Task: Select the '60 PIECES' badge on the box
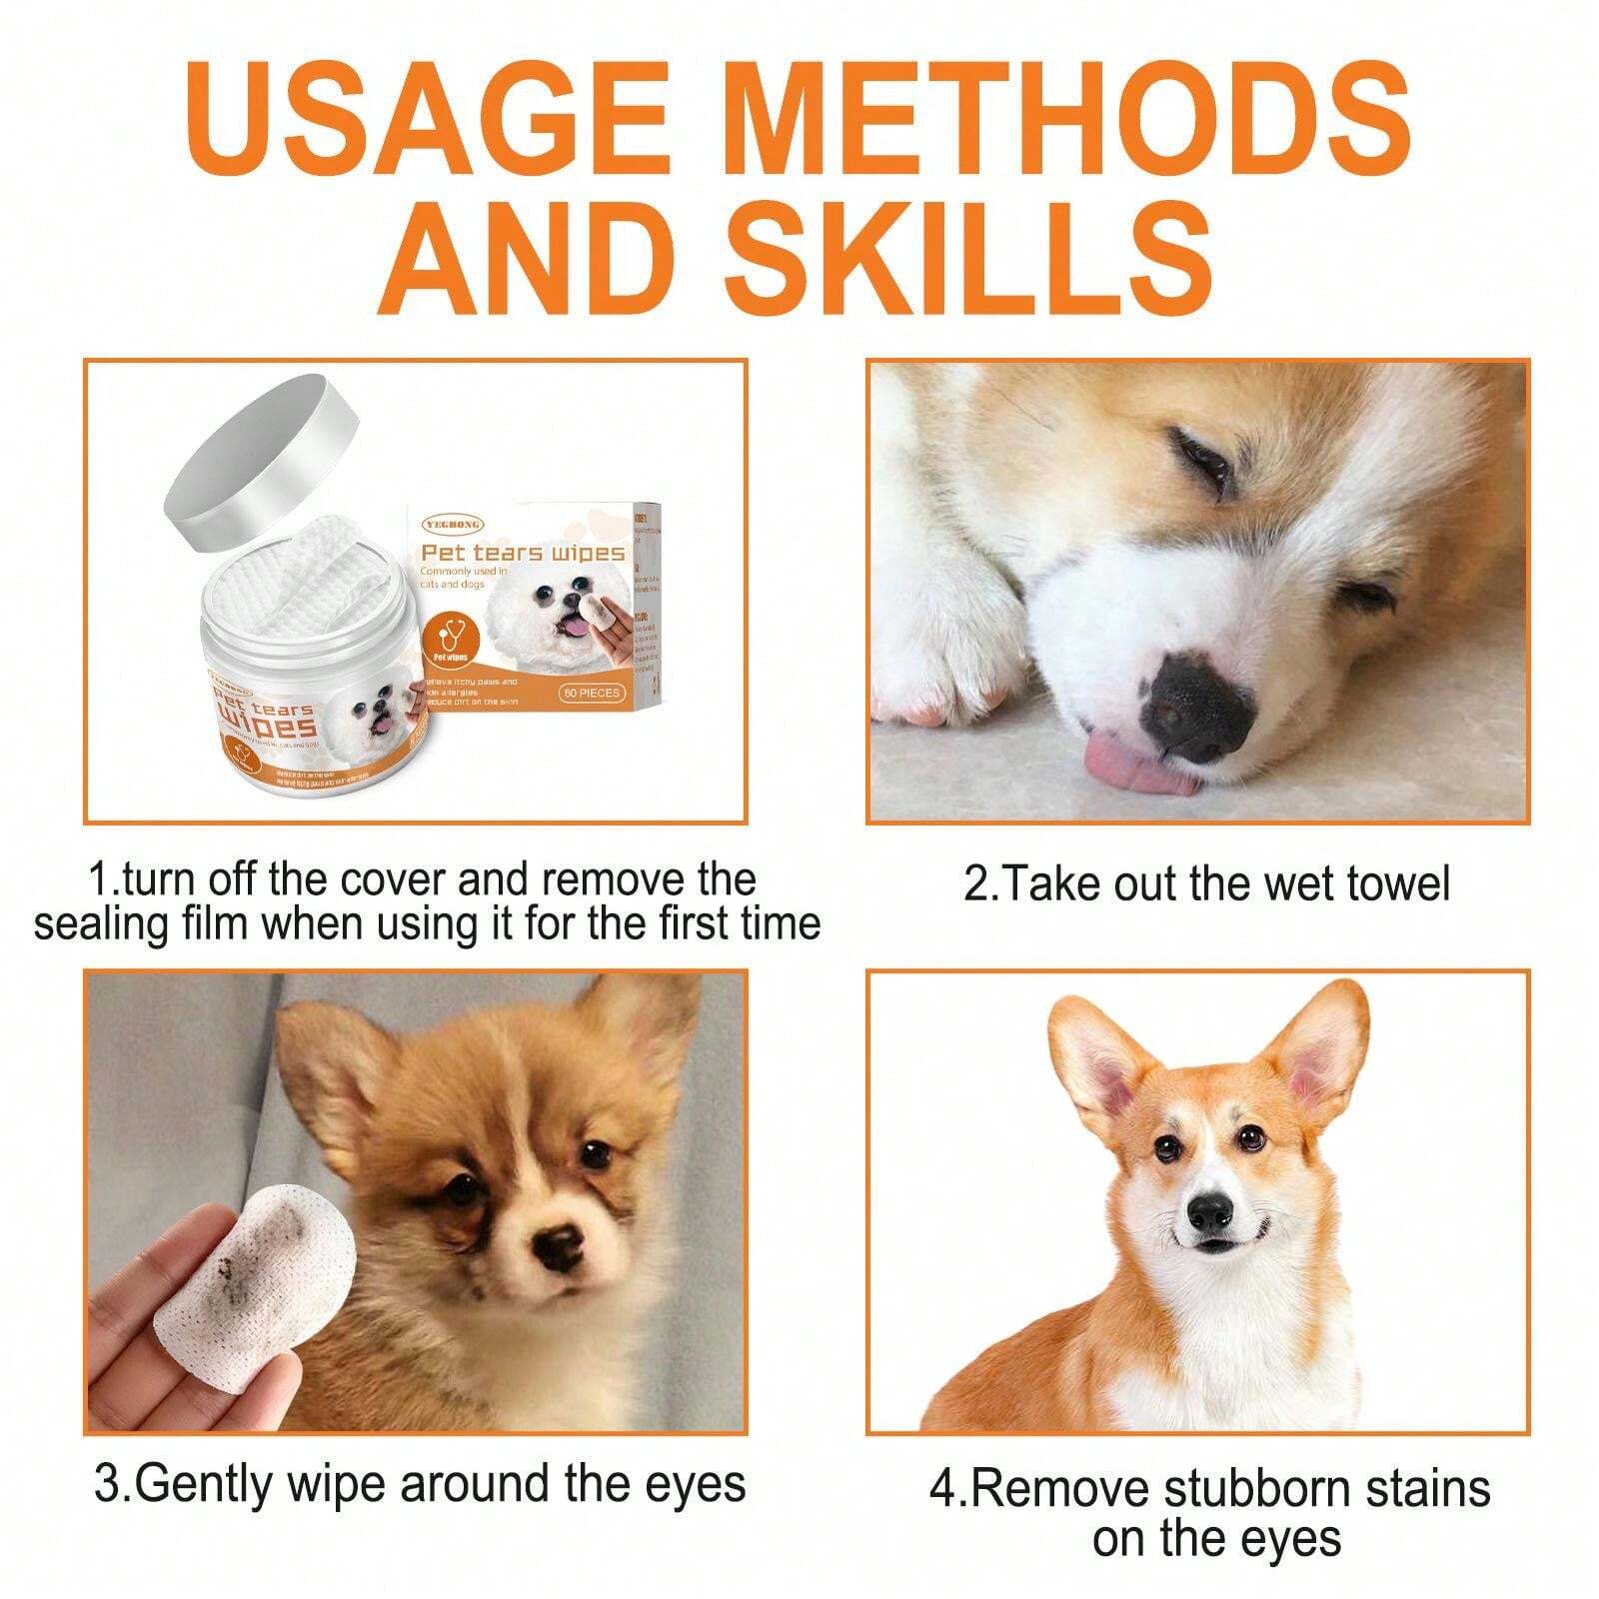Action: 591,693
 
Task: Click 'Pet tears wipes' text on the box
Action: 522,553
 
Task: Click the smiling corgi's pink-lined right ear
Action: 1319,1064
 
